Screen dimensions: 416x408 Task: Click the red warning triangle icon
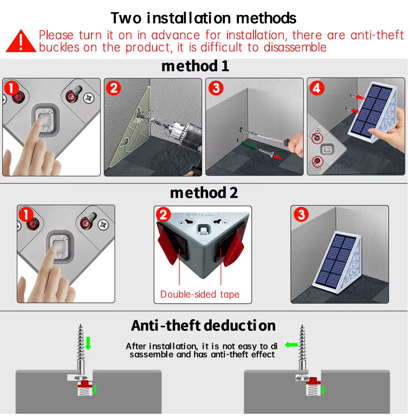click(x=21, y=41)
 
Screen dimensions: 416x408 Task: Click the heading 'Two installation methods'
click(x=204, y=18)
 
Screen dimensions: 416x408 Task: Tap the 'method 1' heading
click(x=195, y=66)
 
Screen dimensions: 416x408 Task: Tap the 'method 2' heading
click(x=204, y=193)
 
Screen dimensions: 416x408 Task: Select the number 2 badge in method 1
click(x=113, y=87)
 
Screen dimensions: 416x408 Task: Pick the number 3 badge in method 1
click(x=215, y=87)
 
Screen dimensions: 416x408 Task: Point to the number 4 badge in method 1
click(x=317, y=87)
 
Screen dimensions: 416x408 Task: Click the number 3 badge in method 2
click(x=301, y=214)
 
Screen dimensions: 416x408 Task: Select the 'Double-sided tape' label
click(x=199, y=295)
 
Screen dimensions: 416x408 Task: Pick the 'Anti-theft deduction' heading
click(x=203, y=325)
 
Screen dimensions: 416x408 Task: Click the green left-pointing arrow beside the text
click(x=291, y=345)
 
